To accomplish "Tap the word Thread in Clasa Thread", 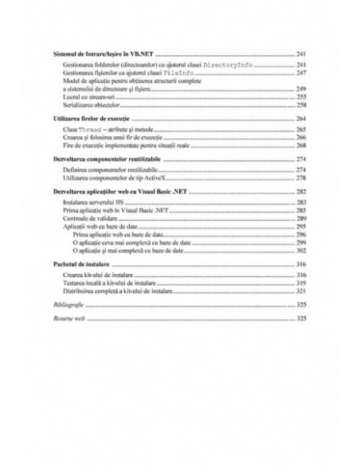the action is tap(93, 129).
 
